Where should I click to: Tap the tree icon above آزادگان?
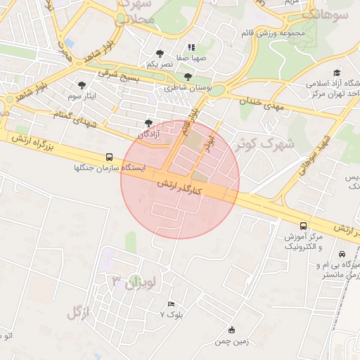tap(148, 122)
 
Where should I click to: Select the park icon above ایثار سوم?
tap(83, 84)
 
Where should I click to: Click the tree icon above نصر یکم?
tap(160, 53)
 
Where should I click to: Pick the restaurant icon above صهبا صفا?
tap(191, 48)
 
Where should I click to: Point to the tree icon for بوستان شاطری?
tap(188, 77)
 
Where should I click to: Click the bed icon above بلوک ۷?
tap(172, 304)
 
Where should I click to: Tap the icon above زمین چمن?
tap(232, 330)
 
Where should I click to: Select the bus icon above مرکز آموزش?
tap(303, 226)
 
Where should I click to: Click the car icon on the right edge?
tap(342, 254)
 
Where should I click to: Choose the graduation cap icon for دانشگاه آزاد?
tap(337, 72)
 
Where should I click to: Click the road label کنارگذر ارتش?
tap(179, 187)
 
